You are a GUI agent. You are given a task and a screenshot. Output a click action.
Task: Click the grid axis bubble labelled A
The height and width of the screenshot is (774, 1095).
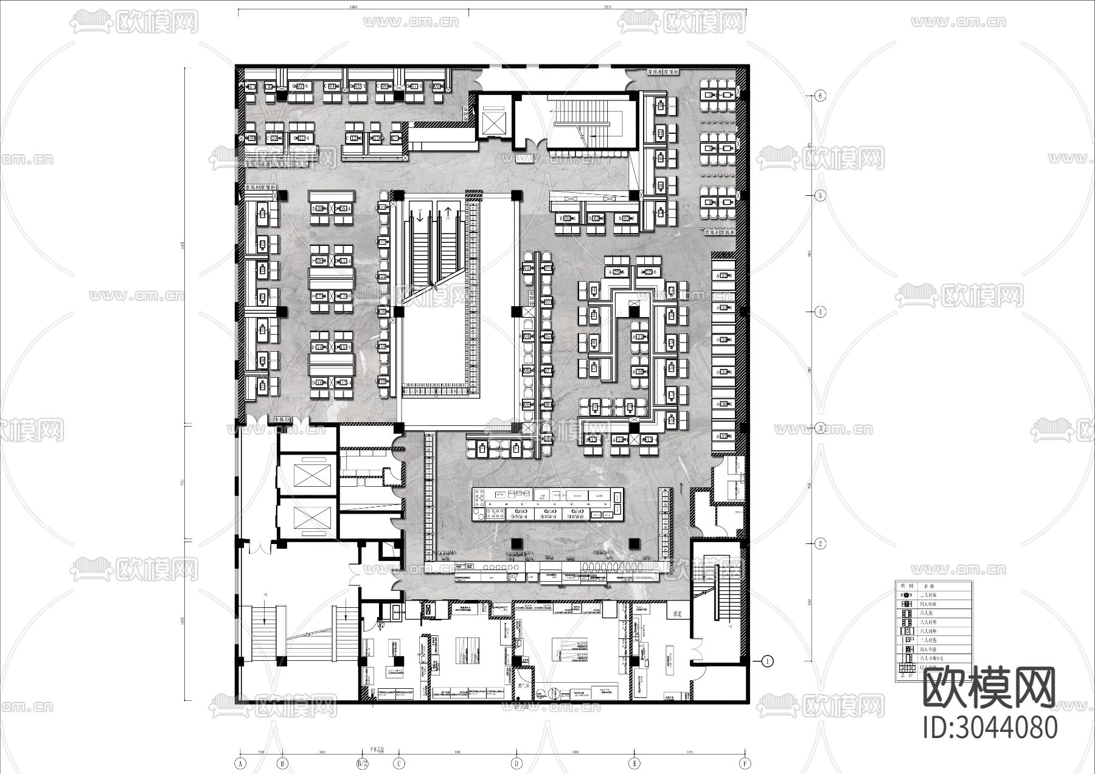240,762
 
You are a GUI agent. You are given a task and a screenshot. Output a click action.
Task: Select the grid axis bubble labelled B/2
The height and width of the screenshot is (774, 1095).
363,762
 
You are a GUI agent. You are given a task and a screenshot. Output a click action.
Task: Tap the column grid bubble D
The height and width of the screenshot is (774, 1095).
516,762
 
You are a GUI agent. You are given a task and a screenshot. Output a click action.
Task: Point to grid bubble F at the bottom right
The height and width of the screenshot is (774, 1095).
745,762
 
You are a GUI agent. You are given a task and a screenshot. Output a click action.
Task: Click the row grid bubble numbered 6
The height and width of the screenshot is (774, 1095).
820,96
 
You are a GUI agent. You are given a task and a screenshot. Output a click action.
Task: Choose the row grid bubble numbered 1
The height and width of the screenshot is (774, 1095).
768,661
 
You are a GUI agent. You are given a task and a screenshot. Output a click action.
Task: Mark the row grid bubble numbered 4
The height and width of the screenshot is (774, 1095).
820,312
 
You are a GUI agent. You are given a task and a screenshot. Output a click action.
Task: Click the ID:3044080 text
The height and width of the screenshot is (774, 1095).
990,727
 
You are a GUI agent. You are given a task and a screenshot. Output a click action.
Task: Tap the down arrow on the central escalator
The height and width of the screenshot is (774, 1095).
420,214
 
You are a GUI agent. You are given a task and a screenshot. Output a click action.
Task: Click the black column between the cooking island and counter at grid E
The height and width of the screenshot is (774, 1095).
633,543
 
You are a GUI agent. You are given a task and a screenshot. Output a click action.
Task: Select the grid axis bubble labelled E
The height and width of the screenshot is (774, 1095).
634,762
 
